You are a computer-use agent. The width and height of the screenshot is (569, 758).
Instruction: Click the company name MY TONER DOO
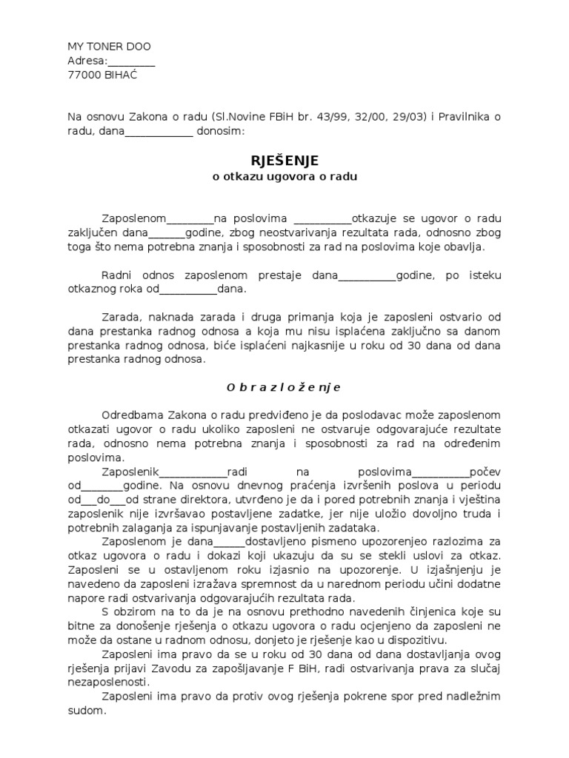(109, 47)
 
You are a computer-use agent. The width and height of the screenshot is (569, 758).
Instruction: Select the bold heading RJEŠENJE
(284, 161)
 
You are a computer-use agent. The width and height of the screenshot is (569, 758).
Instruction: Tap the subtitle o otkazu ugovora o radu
(284, 177)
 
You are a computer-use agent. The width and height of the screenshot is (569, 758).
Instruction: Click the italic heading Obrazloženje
(284, 387)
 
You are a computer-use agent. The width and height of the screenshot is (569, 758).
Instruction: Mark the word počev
(486, 472)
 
